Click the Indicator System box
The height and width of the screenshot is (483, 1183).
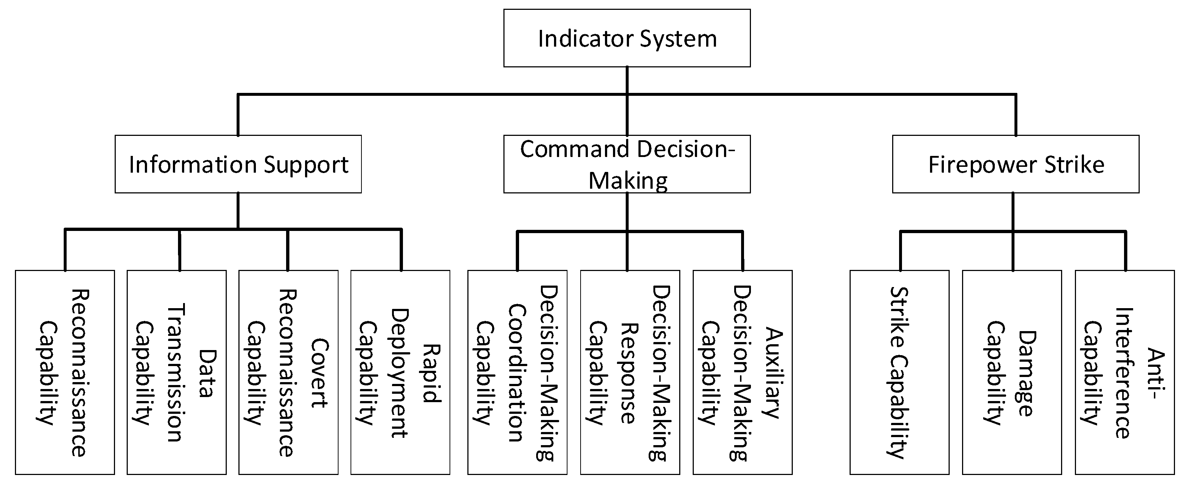[x=626, y=38]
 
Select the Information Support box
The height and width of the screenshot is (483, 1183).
[x=238, y=164]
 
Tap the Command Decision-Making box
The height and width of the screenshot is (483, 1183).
[x=626, y=164]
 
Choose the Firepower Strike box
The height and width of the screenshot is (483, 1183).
[x=1015, y=164]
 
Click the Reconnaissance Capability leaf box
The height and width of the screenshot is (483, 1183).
[x=65, y=372]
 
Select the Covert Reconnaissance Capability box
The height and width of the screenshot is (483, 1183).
[x=288, y=372]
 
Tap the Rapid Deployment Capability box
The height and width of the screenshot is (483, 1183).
[x=400, y=372]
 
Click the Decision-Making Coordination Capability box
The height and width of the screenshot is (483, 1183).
[x=517, y=372]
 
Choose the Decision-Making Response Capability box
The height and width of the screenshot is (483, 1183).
[x=630, y=372]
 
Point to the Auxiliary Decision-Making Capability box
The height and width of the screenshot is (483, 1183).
[x=742, y=372]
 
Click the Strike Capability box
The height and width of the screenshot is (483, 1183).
[x=899, y=372]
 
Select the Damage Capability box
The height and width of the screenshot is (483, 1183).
[x=1012, y=372]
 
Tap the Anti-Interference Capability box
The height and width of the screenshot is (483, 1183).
[x=1124, y=372]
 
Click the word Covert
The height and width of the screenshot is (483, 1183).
[x=320, y=373]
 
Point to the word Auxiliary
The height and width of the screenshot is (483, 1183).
[x=774, y=373]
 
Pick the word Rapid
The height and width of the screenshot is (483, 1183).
[x=432, y=373]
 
